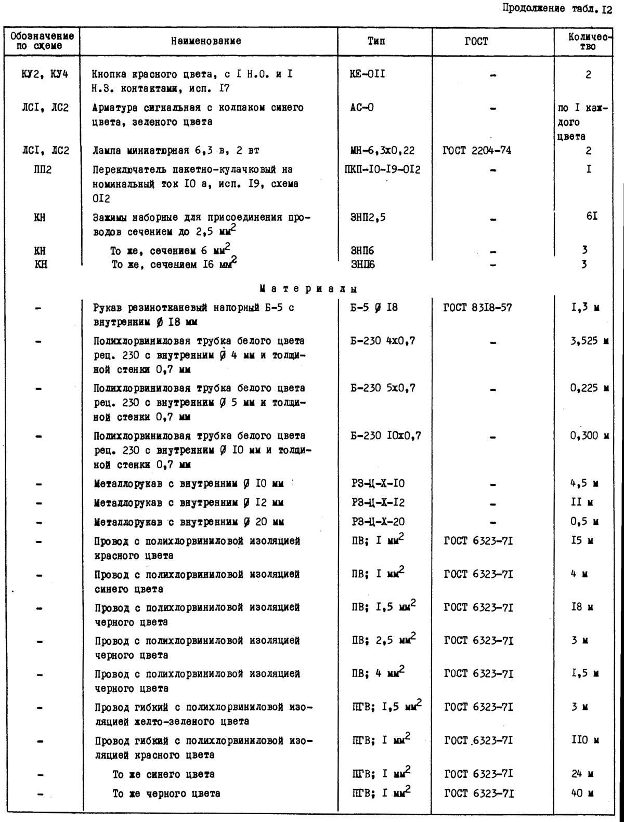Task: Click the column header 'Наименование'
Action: pos(206,41)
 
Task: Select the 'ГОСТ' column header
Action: pos(476,42)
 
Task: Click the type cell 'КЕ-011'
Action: pos(368,74)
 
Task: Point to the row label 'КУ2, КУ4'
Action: pos(45,74)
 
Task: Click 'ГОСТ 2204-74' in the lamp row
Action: pos(477,151)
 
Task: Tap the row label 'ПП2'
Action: pos(41,170)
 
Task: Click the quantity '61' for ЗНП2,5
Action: pos(592,216)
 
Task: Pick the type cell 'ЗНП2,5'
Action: pos(368,217)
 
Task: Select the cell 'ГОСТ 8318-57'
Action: pos(477,308)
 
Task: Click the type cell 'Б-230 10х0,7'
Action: pos(386,435)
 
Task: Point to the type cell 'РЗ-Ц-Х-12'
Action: pos(378,502)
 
